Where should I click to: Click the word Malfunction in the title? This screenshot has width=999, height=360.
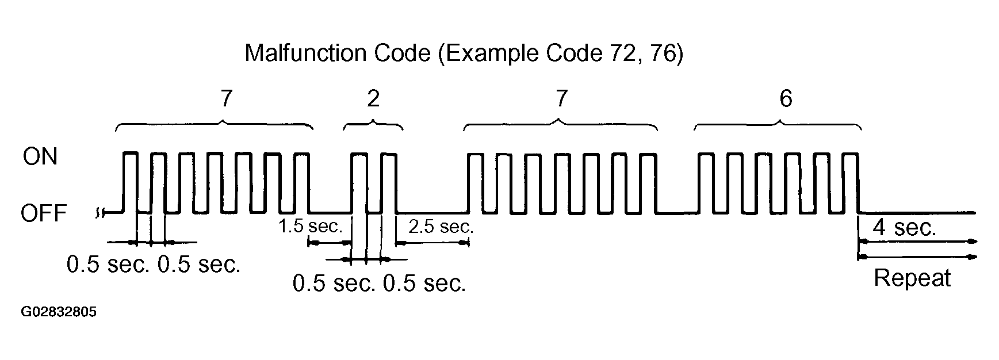305,53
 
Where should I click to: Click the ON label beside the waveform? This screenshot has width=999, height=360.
40,156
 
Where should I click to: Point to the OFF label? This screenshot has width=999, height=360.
44,214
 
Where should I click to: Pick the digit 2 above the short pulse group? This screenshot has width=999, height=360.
373,99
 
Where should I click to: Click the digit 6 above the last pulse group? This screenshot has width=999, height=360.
786,99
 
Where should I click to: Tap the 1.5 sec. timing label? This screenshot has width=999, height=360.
311,226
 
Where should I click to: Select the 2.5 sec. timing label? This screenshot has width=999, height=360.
441,227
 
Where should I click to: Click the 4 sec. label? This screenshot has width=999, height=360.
905,228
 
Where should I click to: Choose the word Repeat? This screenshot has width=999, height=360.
912,278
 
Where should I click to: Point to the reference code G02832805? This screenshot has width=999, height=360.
59,312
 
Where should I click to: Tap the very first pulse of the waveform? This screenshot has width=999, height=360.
131,153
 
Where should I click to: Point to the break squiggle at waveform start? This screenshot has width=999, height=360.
99,213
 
